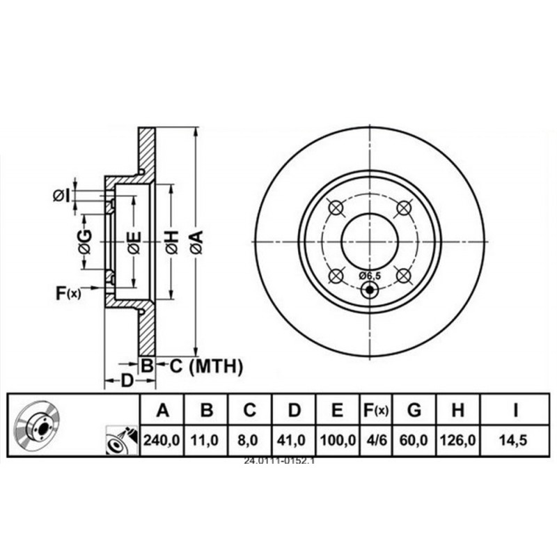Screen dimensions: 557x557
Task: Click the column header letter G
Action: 414,411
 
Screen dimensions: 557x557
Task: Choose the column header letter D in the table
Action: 294,411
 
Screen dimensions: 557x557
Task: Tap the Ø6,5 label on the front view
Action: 370,276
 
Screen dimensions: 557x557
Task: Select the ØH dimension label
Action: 171,242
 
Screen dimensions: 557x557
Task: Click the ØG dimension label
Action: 84,242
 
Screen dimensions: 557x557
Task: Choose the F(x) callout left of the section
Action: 68,293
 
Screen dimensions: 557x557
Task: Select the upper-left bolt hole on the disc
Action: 336,207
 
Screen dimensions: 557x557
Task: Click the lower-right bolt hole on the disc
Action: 403,276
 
